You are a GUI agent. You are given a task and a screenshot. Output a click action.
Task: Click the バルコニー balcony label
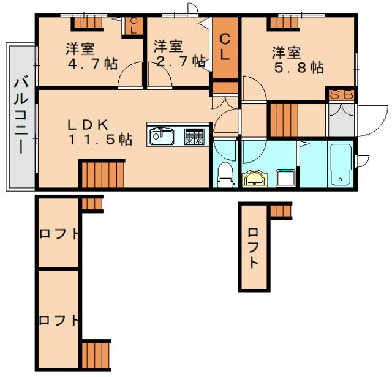coord(20,115)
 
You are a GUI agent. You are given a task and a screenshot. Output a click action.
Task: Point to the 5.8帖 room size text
coord(298,67)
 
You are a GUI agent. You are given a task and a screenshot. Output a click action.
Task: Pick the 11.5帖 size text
coord(99,140)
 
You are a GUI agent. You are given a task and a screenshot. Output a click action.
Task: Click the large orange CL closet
coord(225,48)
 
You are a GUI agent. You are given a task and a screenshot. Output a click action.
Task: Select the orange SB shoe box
coord(337,95)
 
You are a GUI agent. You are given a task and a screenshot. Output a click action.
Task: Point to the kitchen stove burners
coord(195,135)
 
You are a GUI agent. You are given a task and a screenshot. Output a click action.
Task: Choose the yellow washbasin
coord(255,178)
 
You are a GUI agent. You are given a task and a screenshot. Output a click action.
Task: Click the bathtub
coord(339,164)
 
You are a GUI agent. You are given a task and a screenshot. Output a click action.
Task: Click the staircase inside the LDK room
coord(102,173)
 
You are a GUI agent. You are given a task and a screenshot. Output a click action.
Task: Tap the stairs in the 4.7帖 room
coord(87,23)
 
